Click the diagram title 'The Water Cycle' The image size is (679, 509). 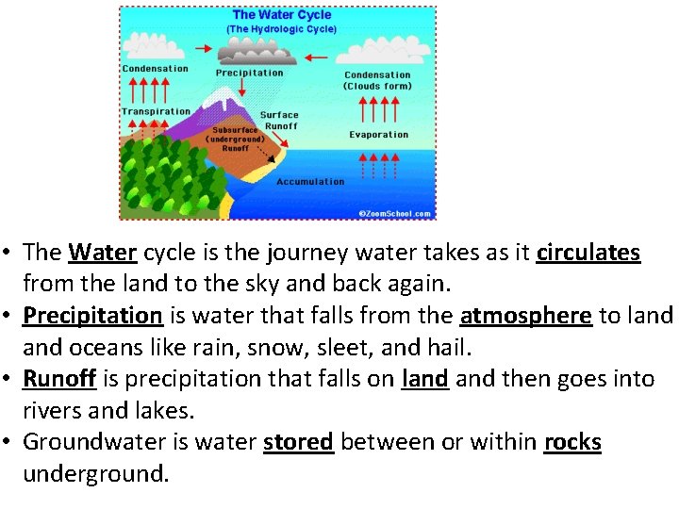(x=281, y=14)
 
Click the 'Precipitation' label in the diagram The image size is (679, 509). (x=249, y=73)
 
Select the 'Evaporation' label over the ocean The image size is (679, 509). (x=378, y=135)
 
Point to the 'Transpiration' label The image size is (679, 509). (x=156, y=111)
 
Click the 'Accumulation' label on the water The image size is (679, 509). (x=310, y=181)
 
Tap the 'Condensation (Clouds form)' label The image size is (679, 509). (x=377, y=80)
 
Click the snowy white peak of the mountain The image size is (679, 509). (x=224, y=98)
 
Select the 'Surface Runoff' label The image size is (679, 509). (x=279, y=120)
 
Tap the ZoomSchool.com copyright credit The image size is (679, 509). (x=395, y=214)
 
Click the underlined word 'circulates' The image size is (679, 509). (x=588, y=253)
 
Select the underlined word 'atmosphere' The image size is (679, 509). (x=526, y=316)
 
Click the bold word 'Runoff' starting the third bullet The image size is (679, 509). (x=59, y=379)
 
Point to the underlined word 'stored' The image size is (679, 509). (x=299, y=442)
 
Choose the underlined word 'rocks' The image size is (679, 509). (x=572, y=442)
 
